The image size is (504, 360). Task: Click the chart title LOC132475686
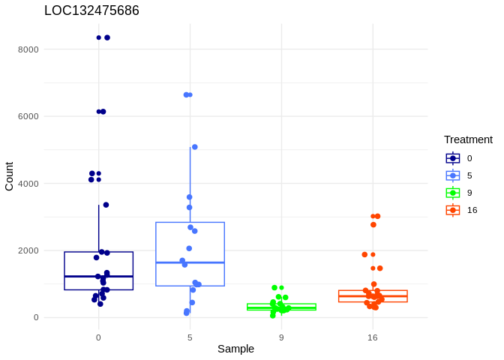coord(91,10)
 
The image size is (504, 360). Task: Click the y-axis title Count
coord(9,176)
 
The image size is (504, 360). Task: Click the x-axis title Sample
coord(235,349)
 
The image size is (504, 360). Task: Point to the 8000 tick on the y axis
coord(29,49)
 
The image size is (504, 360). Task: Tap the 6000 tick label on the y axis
coord(29,116)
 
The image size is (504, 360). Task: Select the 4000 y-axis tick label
coord(29,183)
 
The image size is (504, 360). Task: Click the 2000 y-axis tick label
coord(29,250)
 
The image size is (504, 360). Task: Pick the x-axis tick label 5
coord(190,337)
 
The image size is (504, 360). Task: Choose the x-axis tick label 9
coord(281,337)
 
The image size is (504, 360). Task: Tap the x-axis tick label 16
coord(373,337)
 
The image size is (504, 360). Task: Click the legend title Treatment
coord(468,139)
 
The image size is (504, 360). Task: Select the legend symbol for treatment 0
coord(453,158)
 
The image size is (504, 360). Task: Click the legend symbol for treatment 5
coord(453,175)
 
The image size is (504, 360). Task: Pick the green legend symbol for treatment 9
coord(453,193)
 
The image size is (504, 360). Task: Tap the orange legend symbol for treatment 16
coord(453,210)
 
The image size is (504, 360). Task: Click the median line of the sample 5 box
coord(190,262)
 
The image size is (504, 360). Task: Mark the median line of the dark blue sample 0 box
coord(98,277)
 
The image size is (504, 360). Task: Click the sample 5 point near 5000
coord(195,147)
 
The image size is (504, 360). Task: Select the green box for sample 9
coord(281,307)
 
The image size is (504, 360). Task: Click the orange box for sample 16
coord(373,296)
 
